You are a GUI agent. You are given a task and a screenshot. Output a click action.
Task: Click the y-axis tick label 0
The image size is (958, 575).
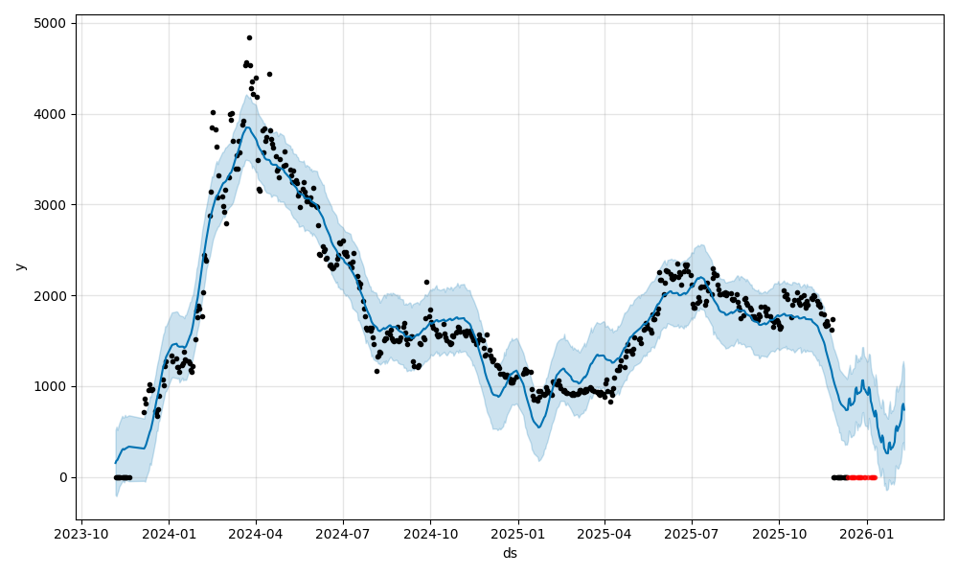click(x=64, y=477)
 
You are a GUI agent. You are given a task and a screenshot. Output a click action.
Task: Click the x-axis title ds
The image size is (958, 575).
click(x=510, y=554)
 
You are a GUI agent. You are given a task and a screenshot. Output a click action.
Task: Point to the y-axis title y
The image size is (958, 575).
click(x=20, y=266)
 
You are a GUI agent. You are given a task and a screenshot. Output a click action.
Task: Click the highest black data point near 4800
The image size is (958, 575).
click(x=249, y=37)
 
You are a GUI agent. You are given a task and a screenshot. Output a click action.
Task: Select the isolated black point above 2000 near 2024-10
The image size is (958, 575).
click(x=426, y=282)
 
